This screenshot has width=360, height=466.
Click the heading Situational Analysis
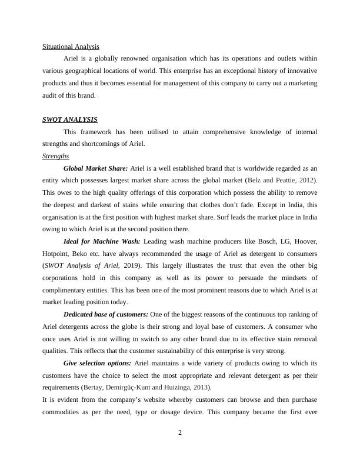(71, 46)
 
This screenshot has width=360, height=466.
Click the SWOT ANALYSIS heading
(70, 119)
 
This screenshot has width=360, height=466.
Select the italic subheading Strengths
(56, 156)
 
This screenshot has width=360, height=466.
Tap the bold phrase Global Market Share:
(95, 168)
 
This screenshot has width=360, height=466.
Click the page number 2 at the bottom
(180, 433)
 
